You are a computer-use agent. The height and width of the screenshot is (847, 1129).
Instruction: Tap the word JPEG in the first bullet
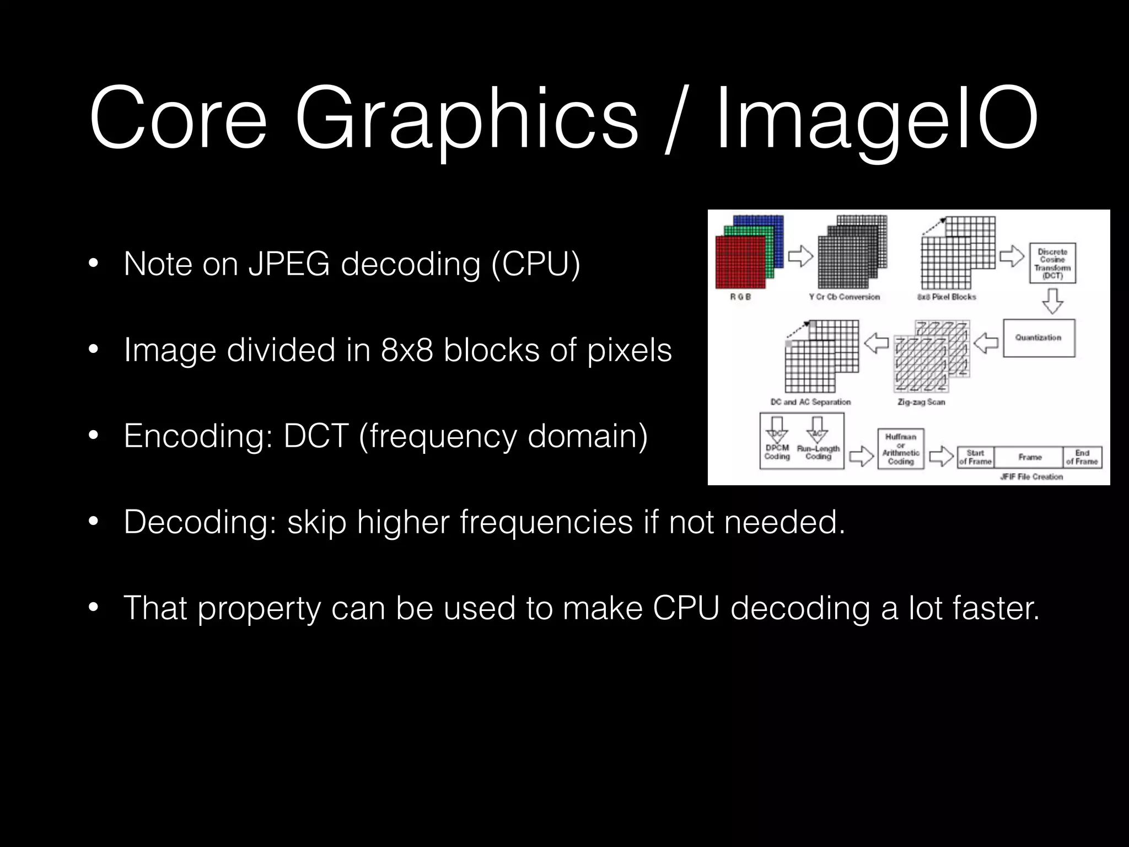click(289, 264)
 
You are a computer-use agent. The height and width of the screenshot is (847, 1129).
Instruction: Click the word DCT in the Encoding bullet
click(316, 436)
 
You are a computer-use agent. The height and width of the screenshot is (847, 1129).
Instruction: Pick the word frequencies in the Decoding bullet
click(546, 522)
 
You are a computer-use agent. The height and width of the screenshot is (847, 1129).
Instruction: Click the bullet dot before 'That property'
click(93, 608)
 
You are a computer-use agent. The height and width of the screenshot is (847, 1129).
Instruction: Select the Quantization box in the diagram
click(1039, 337)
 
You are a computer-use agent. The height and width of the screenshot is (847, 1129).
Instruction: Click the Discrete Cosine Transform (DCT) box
click(1052, 264)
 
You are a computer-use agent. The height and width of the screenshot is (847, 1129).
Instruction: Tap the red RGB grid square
click(740, 262)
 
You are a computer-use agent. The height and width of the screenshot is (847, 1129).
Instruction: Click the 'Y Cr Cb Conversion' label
click(844, 297)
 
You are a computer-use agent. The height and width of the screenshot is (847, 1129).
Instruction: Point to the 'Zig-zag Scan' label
click(921, 402)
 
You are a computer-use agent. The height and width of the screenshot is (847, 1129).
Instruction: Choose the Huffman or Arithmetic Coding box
click(901, 449)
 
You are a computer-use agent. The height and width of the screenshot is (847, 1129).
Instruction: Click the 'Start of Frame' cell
click(975, 457)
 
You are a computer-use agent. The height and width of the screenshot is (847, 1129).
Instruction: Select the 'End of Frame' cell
click(1082, 457)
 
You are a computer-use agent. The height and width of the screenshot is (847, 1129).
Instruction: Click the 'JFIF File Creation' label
click(1031, 476)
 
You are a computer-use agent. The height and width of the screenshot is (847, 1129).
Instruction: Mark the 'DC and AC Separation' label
click(810, 402)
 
